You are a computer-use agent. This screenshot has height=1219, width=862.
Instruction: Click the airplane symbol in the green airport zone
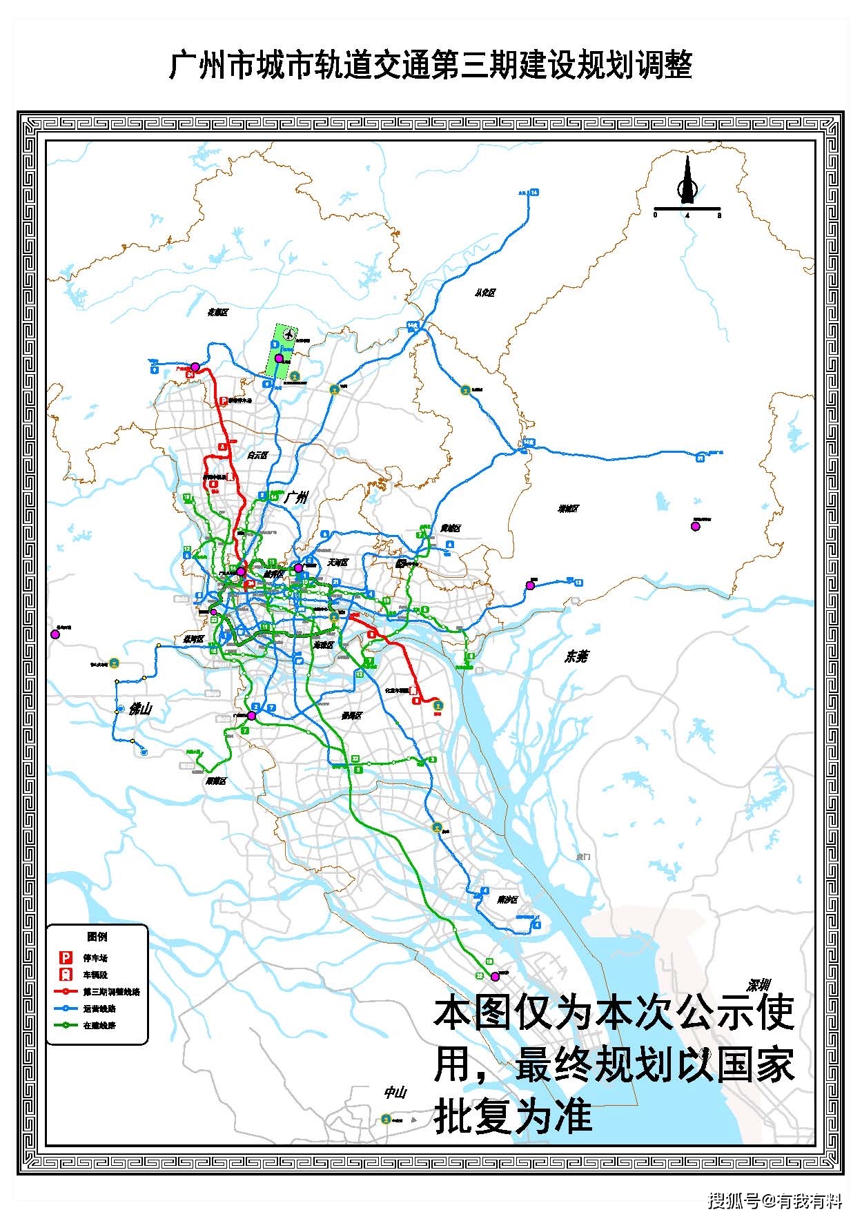289,335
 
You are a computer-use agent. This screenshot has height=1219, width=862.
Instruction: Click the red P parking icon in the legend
66,957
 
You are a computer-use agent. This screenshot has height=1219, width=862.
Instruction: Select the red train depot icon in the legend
66,974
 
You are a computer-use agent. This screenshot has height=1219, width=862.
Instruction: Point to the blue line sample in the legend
66,1008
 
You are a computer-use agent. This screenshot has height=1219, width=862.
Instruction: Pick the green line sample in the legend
66,1025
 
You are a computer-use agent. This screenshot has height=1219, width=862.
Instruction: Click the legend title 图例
97,937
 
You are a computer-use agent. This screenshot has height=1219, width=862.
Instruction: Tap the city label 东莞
576,656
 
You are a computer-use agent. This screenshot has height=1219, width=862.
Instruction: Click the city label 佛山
139,708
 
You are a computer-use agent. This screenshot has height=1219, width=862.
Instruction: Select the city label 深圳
758,985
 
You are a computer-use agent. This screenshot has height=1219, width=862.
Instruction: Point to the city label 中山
395,1093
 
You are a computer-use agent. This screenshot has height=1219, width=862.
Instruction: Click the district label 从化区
485,293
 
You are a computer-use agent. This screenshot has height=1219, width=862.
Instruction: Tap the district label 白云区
257,456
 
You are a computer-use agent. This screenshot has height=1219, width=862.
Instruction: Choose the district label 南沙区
507,899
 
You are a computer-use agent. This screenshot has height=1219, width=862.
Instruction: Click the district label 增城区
569,509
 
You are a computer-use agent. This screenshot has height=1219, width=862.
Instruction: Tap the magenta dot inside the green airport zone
279,358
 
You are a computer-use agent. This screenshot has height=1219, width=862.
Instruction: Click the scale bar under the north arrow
687,208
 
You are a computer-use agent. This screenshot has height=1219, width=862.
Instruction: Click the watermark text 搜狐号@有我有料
774,1201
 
